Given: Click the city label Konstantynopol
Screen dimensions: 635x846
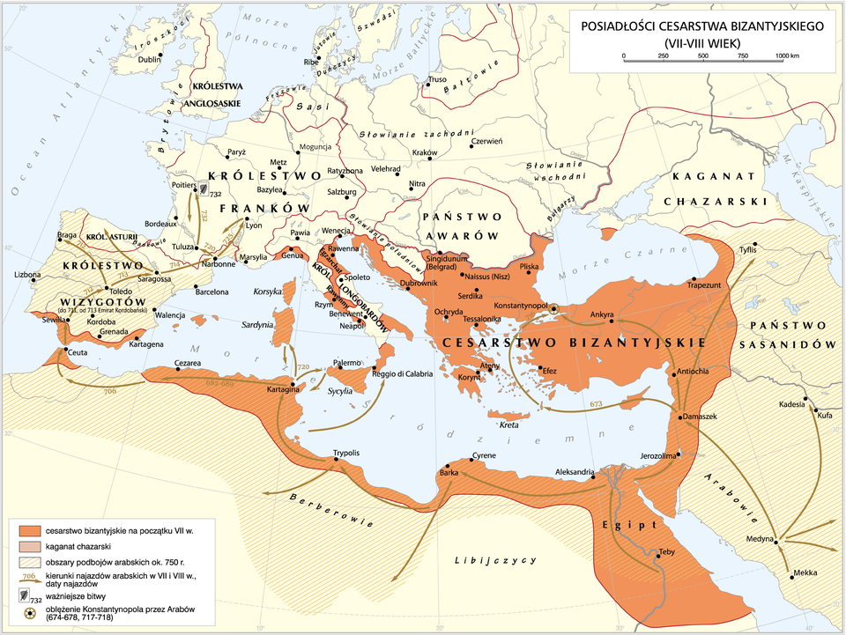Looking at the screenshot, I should coord(520,304).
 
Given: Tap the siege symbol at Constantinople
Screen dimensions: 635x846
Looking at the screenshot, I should coord(553,308).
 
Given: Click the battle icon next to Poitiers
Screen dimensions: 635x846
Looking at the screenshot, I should coord(202,188).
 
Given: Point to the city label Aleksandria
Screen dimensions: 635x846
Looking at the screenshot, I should coord(575,472).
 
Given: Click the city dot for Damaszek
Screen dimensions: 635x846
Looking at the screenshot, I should coord(684,413).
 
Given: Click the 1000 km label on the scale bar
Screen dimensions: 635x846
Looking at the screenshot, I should coord(786,55).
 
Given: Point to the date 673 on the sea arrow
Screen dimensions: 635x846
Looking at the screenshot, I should coord(596,403).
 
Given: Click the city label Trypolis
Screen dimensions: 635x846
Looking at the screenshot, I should coord(345,453).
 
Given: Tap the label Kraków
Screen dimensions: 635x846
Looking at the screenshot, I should coord(425,152).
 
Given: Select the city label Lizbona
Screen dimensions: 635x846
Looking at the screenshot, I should coord(28,275).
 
